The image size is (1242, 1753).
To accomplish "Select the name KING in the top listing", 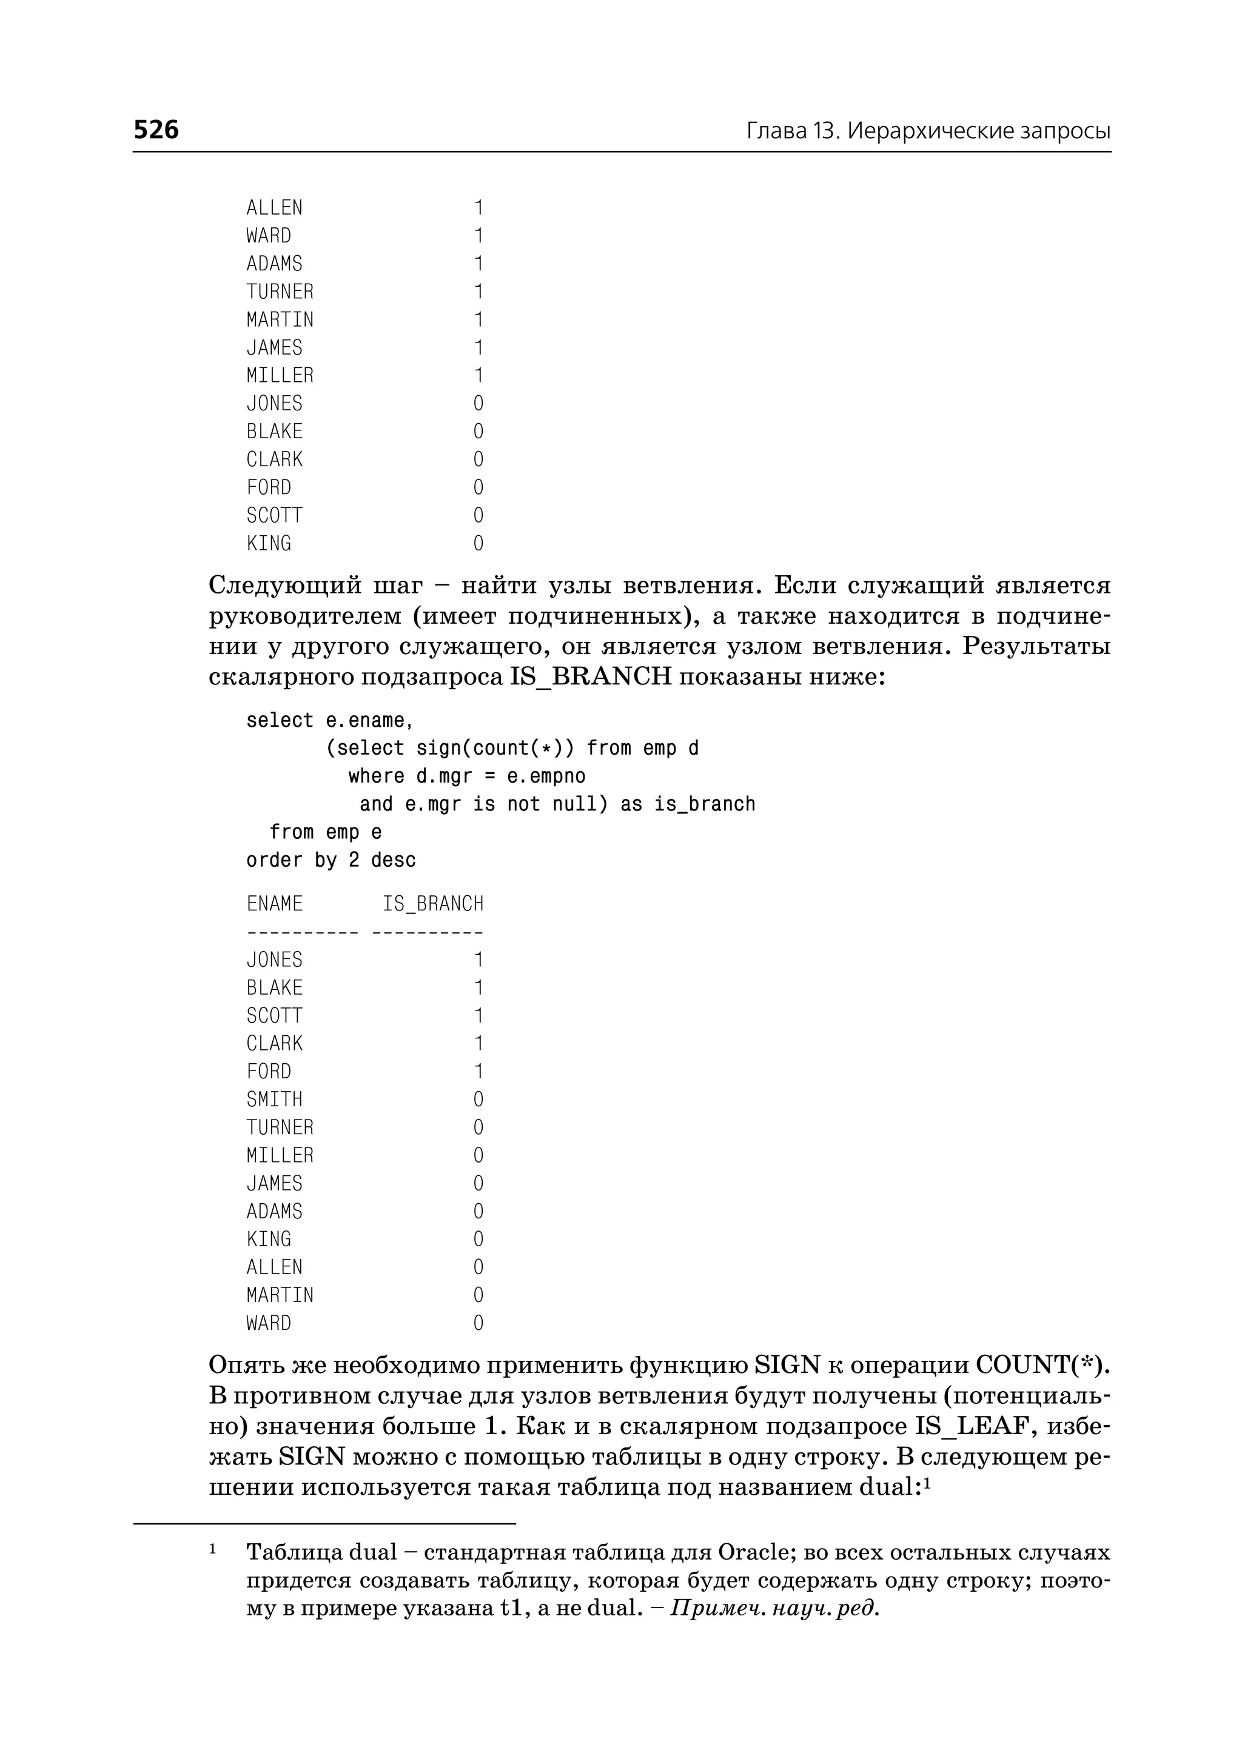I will tap(269, 544).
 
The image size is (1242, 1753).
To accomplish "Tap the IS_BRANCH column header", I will tap(433, 904).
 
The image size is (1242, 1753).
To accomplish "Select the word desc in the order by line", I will tap(393, 860).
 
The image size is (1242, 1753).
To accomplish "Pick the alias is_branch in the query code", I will tap(704, 804).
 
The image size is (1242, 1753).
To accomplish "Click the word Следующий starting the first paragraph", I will tap(285, 586).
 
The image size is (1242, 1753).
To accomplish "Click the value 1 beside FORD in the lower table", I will tap(478, 1071).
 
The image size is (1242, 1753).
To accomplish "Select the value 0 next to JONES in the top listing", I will tap(478, 404).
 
